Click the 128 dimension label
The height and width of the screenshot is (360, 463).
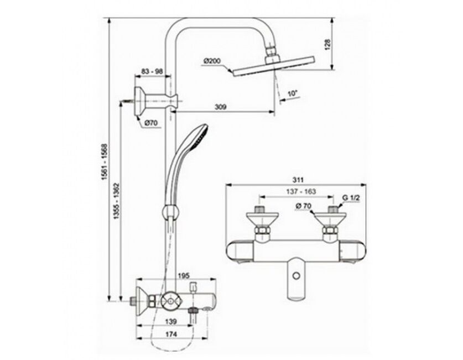(x=328, y=44)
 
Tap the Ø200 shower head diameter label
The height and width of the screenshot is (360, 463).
(x=212, y=61)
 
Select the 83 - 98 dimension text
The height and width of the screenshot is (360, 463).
(x=152, y=71)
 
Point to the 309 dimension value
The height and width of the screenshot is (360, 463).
(x=220, y=107)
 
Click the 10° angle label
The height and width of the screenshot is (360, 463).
(x=292, y=93)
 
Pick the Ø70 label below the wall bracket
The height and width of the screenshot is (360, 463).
(x=152, y=123)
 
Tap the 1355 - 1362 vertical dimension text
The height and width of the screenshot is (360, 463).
(x=117, y=201)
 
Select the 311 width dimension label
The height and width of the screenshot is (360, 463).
(x=298, y=180)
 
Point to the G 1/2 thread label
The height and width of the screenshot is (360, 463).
(x=351, y=198)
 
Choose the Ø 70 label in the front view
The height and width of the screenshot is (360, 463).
(x=303, y=206)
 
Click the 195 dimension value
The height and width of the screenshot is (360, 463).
(x=184, y=275)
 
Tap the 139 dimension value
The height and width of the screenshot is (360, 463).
(x=171, y=321)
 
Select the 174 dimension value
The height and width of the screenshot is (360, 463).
(x=171, y=335)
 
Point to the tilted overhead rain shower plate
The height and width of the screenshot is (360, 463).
(x=274, y=66)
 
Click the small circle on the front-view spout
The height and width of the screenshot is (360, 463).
(x=296, y=275)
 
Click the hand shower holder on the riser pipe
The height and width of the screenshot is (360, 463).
(x=171, y=212)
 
